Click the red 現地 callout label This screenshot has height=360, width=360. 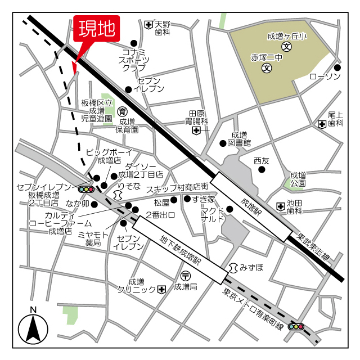pos(96,29)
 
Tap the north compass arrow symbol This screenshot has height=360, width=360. pos(33,328)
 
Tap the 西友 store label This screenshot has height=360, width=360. pos(262,161)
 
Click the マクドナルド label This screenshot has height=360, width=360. pos(213,214)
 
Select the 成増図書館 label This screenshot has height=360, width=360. pos(239,139)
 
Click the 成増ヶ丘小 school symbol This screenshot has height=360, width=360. pos(286,47)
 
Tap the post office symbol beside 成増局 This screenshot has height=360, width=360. pos(186,275)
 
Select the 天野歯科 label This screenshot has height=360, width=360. pos(163,29)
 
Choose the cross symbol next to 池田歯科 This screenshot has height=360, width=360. pos(281,207)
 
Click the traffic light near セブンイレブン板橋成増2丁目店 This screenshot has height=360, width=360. pos(85,190)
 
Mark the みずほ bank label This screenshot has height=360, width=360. pos(251,267)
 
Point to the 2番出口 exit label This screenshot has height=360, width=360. pos(161,215)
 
